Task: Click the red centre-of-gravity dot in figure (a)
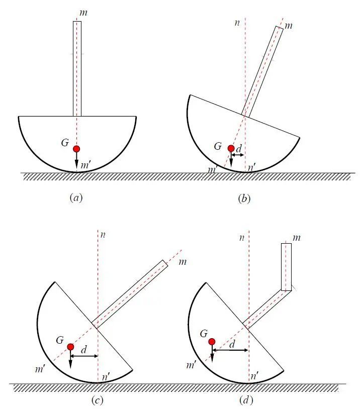coord(76,149)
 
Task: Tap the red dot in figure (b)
coord(231,148)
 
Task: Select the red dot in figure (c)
coord(70,347)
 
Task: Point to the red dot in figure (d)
coord(212,342)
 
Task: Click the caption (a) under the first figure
coord(76,198)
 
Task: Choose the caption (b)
coord(244,199)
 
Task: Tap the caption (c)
coord(98,400)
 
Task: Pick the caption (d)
coord(246,400)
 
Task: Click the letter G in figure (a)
coord(65,143)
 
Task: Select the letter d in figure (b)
coord(239,149)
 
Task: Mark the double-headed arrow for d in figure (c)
coord(84,356)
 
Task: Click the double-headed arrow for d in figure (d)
coord(230,350)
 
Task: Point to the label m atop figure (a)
coord(83,13)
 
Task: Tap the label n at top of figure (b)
coord(237,23)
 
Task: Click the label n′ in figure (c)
coord(106,377)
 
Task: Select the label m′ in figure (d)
coord(191,365)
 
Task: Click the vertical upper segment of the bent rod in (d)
coord(287,267)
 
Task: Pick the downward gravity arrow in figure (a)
coord(76,160)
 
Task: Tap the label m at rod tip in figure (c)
coord(183,262)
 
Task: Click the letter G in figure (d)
coord(204,334)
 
